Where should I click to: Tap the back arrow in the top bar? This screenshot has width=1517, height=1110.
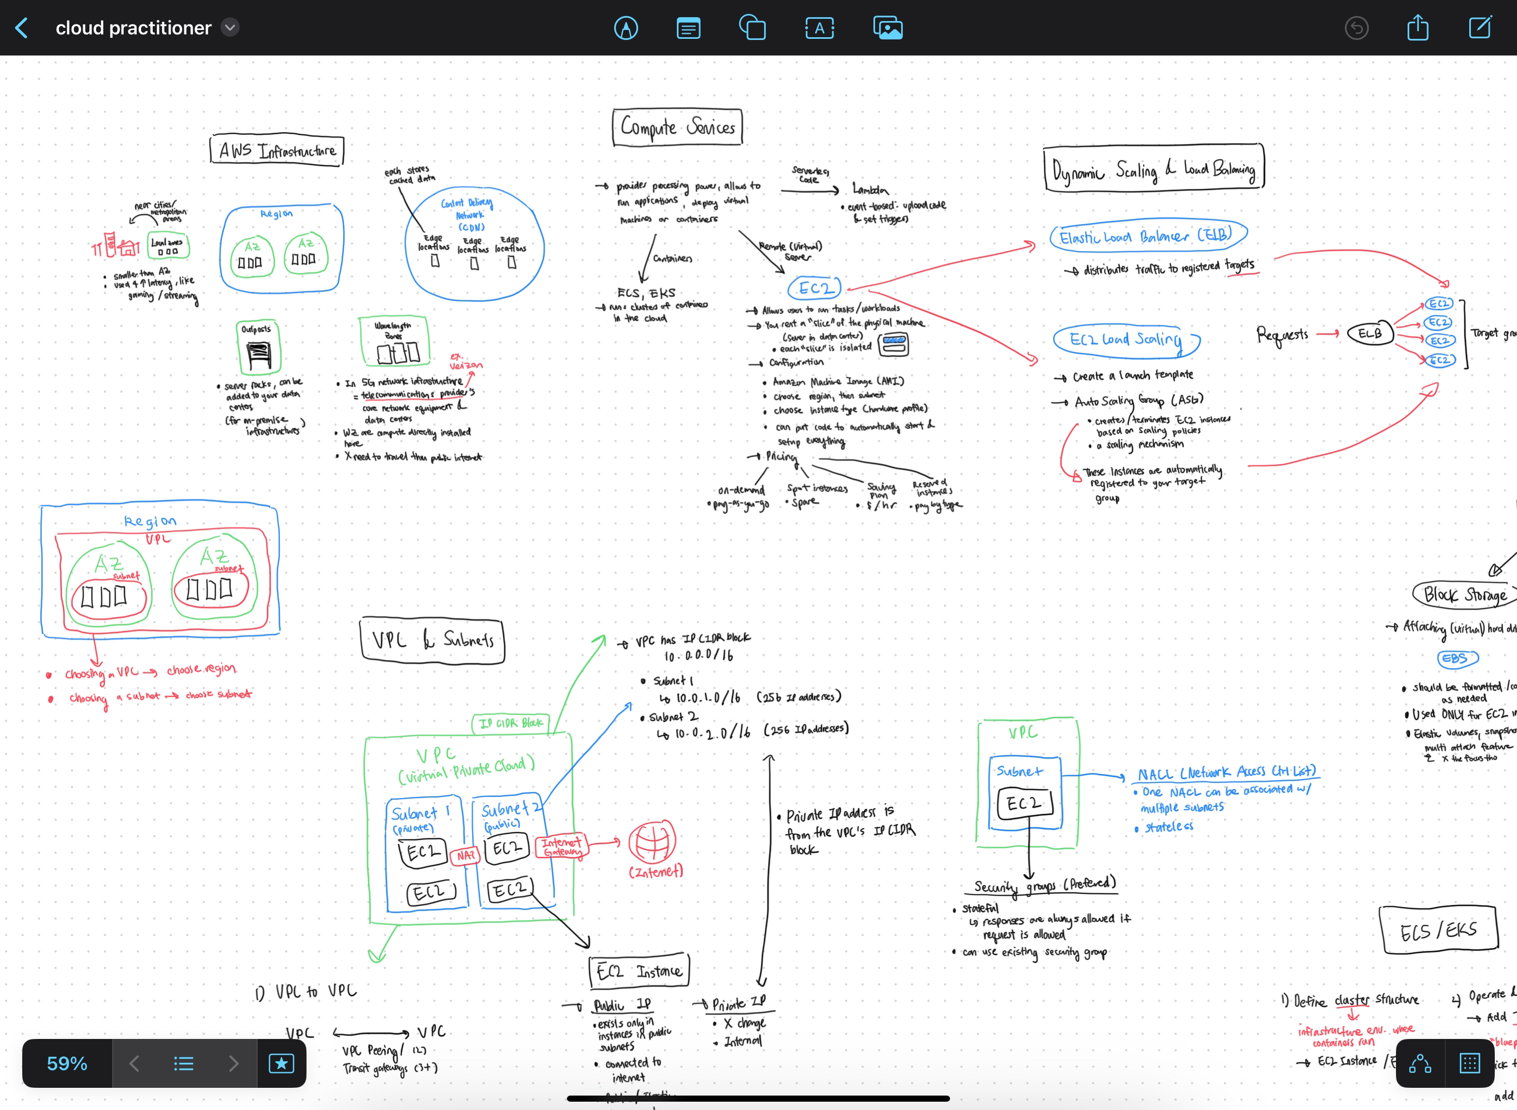click(x=22, y=28)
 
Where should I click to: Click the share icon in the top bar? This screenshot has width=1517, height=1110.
click(x=1418, y=28)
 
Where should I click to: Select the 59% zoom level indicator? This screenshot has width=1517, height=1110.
click(x=67, y=1063)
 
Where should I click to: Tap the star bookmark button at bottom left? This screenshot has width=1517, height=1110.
click(x=281, y=1063)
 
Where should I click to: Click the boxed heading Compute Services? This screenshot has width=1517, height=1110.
click(x=677, y=127)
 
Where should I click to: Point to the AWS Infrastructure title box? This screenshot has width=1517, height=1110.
click(x=277, y=150)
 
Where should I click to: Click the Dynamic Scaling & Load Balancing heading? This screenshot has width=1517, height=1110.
click(x=1153, y=169)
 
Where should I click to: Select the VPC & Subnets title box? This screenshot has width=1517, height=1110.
click(x=432, y=640)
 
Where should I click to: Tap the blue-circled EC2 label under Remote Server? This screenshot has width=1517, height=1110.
click(x=815, y=288)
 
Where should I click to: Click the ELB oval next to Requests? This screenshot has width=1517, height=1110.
click(x=1370, y=333)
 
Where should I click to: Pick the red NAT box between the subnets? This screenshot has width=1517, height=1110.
click(x=465, y=855)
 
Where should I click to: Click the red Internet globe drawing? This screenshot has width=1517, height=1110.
click(x=652, y=841)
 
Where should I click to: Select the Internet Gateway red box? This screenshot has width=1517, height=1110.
click(x=562, y=846)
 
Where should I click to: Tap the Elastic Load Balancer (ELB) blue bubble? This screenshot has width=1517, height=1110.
click(x=1147, y=236)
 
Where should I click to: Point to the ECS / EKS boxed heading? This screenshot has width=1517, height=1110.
click(x=1438, y=930)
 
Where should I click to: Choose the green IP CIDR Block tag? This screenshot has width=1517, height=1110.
click(x=511, y=723)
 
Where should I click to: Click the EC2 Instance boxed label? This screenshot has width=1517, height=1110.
click(x=639, y=971)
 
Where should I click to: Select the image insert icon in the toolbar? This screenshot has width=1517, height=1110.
click(x=887, y=28)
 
